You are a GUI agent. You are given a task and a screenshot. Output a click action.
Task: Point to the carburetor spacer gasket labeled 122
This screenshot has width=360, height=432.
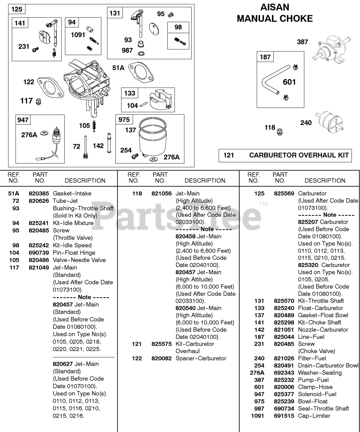click(x=50, y=86)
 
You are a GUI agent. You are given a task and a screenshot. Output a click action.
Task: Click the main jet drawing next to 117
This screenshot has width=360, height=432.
click(x=39, y=101)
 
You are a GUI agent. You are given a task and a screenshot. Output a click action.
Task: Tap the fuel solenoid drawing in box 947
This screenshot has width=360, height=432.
click(x=55, y=138)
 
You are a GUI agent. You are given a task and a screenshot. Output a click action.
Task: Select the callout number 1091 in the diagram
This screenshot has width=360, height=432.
click(x=78, y=35)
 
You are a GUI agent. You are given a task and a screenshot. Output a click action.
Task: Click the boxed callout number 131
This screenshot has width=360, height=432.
click(x=115, y=13)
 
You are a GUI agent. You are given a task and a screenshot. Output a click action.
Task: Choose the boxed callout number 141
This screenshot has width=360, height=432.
click(x=20, y=23)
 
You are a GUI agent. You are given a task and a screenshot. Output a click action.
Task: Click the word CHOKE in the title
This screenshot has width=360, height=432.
click(x=295, y=19)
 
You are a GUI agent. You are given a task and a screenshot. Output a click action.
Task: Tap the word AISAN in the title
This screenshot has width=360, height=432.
click(x=275, y=7)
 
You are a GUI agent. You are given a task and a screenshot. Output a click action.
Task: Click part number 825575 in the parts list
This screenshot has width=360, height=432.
click(x=161, y=344)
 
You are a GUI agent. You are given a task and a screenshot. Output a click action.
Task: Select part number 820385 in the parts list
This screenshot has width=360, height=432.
click(x=39, y=193)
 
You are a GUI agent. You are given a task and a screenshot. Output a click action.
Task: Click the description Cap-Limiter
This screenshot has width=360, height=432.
click(x=314, y=416)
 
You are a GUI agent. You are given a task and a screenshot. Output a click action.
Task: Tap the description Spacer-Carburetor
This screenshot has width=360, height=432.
click(x=201, y=358)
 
